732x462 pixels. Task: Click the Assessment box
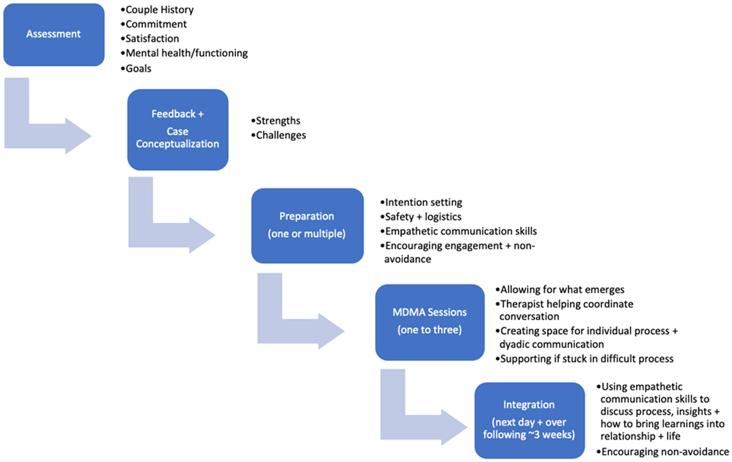pyautogui.click(x=54, y=34)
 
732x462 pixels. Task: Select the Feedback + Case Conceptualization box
pyautogui.click(x=178, y=129)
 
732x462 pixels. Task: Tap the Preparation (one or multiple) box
pyautogui.click(x=307, y=225)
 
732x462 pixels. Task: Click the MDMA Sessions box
pyautogui.click(x=430, y=321)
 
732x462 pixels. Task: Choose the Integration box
pyautogui.click(x=529, y=420)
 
